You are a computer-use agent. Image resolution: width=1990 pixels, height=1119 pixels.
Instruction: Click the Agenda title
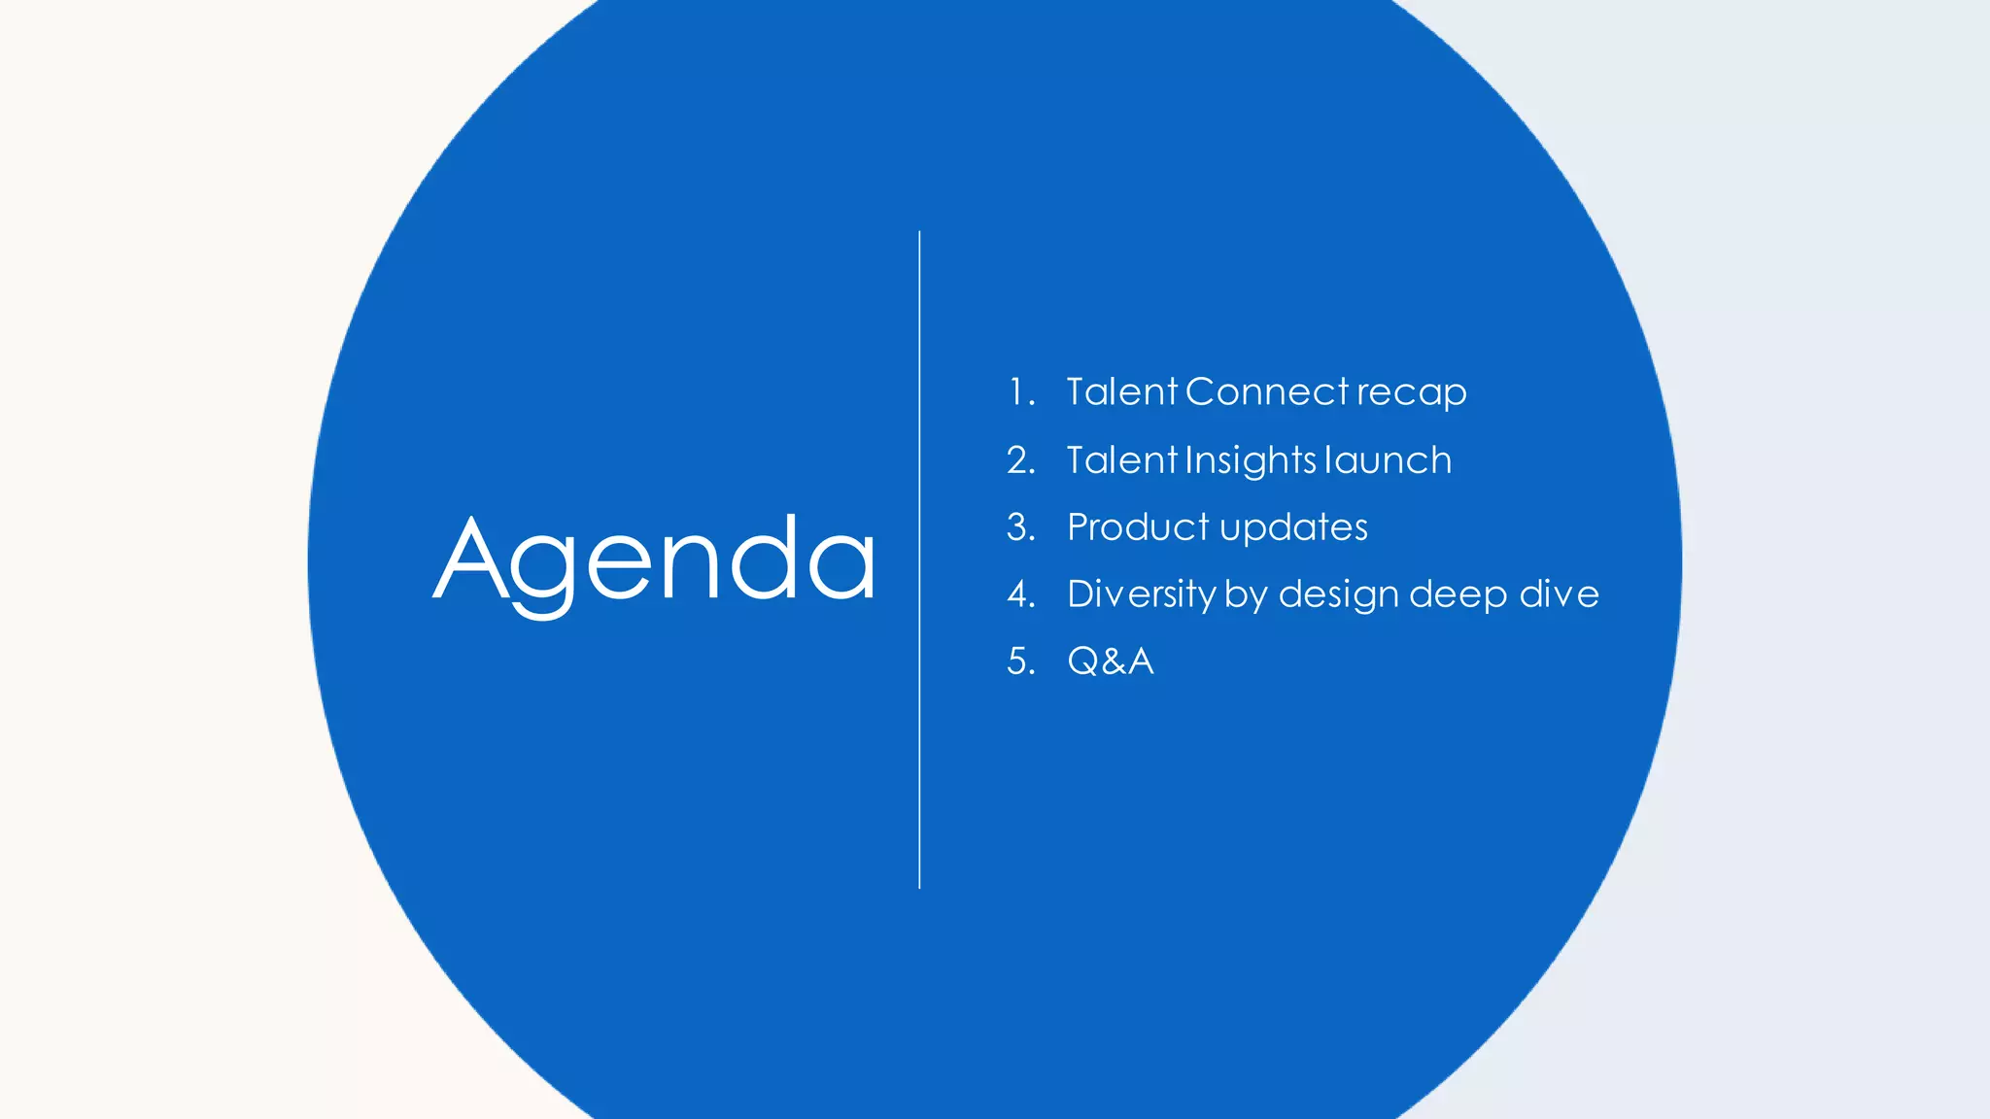tap(654, 560)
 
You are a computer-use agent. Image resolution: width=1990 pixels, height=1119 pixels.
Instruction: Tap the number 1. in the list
tap(1020, 391)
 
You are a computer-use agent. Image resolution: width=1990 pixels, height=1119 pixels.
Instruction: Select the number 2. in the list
tap(1020, 459)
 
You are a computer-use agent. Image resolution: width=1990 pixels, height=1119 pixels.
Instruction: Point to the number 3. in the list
tap(1020, 526)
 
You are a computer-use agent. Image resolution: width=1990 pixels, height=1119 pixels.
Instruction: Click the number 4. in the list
tap(1020, 593)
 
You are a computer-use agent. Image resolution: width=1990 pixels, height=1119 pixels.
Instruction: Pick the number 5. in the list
tap(1020, 661)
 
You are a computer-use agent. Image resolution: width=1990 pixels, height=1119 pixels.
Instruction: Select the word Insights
tap(1252, 460)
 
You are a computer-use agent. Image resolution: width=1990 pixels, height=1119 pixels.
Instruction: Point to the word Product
tap(1138, 526)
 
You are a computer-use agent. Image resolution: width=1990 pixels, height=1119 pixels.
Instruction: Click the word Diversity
tap(1141, 593)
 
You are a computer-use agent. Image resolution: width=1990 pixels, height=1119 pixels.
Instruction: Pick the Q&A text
tap(1111, 661)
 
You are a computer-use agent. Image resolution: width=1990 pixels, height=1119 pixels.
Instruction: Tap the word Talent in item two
tap(1121, 459)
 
